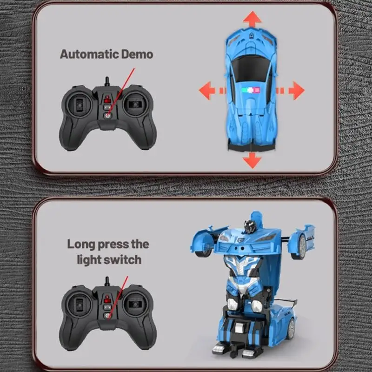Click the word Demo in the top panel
(x=137, y=54)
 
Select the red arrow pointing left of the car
(x=209, y=90)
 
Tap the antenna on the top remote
(x=107, y=82)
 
